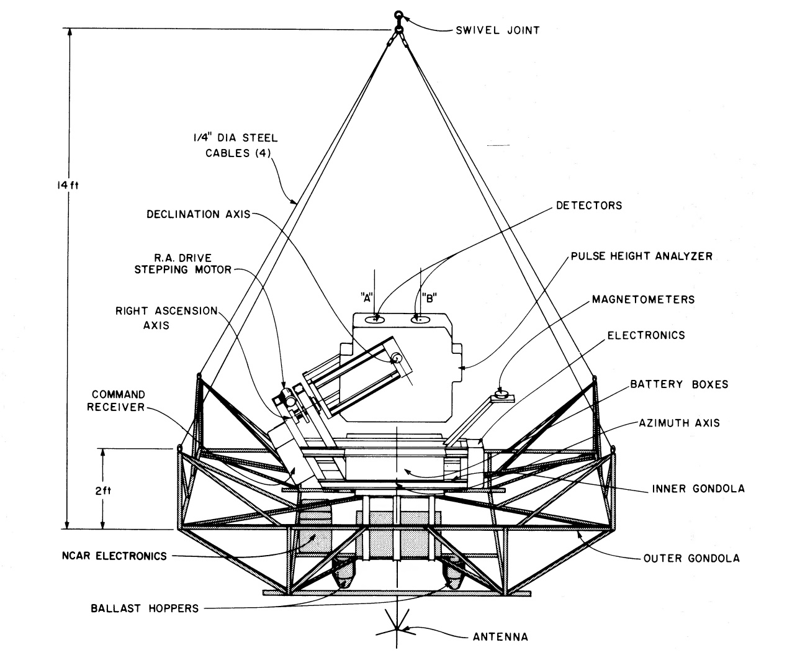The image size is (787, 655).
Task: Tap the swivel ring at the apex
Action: tap(397, 16)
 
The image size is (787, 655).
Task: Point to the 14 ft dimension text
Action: tap(56, 185)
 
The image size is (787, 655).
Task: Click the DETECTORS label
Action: tap(588, 205)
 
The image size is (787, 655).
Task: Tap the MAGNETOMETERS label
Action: tap(643, 299)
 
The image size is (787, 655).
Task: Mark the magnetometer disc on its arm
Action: tap(501, 393)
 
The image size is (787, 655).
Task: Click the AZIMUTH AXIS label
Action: tap(679, 423)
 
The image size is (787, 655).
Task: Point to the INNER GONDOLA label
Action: tap(698, 489)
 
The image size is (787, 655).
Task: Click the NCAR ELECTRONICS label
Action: tap(114, 556)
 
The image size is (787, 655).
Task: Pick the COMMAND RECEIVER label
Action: tap(118, 400)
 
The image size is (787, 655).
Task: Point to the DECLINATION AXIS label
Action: tap(198, 215)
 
